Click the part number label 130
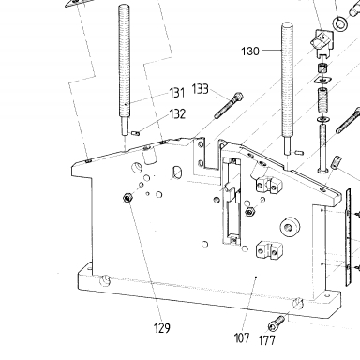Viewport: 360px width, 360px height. click(250, 51)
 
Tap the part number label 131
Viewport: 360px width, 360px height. click(177, 93)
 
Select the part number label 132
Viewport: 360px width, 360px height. click(177, 114)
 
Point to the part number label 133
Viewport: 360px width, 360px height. click(200, 89)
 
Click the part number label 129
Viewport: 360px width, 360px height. click(162, 328)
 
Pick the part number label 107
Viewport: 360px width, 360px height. click(242, 337)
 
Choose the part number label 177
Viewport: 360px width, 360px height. click(267, 340)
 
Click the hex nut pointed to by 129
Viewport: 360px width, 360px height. click(127, 198)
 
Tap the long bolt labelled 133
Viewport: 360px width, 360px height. click(229, 105)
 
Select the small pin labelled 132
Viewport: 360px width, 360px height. click(136, 133)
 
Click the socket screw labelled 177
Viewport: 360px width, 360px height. click(277, 322)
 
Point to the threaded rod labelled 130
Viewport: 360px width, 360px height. click(288, 88)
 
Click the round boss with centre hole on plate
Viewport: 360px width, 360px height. click(290, 226)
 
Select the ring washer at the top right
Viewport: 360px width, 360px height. click(339, 23)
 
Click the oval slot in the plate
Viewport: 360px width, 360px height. click(177, 172)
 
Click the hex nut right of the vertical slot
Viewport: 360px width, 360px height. click(249, 212)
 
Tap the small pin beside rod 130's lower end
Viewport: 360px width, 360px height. click(298, 153)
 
